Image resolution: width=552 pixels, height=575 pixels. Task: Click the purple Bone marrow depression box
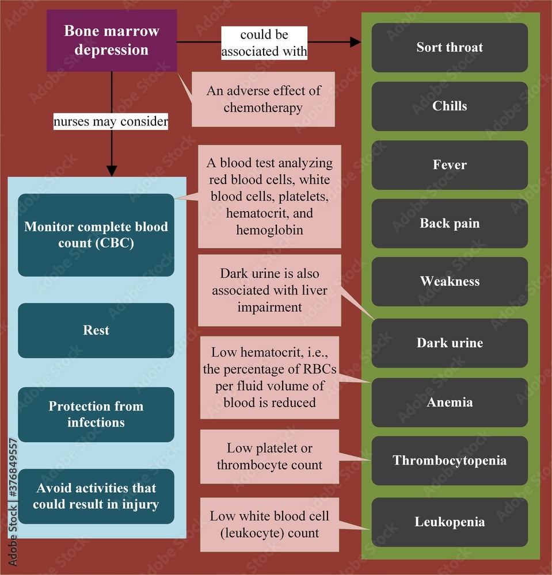111,40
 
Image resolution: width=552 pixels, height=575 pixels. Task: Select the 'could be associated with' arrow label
264,43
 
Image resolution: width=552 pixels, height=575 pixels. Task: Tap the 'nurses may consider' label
111,121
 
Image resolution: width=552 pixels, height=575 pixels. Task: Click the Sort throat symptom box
450,47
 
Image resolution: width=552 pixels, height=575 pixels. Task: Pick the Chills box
450,106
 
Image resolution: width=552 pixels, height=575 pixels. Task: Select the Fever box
450,165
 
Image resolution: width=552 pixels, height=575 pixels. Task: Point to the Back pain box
450,224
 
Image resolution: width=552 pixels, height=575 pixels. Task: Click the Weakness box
450,282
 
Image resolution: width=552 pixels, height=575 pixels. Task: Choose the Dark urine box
450,343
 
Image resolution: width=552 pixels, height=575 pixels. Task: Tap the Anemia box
450,402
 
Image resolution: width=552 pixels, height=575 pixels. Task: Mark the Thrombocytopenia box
450,461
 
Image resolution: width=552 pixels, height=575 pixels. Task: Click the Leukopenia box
450,522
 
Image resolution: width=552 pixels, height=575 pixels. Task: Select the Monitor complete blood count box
96,235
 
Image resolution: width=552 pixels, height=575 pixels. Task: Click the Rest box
96,331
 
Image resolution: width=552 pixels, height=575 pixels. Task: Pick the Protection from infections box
96,415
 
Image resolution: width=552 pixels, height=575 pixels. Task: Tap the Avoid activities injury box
96,496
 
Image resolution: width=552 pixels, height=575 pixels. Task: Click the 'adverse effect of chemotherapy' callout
264,99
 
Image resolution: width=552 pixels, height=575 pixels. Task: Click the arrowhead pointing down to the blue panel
111,170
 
